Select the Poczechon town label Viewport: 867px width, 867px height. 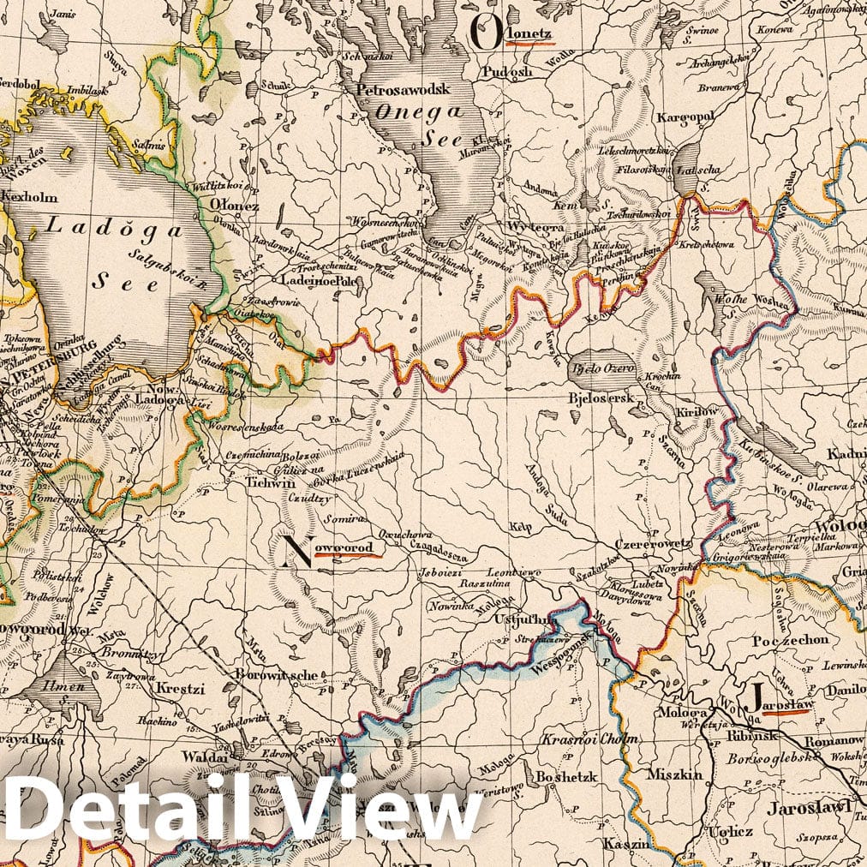click(x=790, y=640)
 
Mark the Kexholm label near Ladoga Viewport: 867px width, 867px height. click(x=29, y=196)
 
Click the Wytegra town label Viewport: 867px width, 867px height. click(x=532, y=227)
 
